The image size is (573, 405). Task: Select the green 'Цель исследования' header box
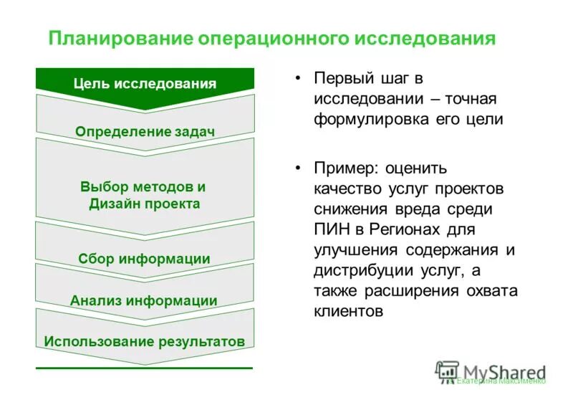click(145, 84)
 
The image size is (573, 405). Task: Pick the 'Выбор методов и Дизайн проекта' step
click(145, 195)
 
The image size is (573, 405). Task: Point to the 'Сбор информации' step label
click(145, 259)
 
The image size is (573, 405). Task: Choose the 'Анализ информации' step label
click(145, 300)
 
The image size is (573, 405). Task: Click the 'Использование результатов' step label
click(145, 340)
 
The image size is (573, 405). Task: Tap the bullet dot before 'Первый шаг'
click(297, 78)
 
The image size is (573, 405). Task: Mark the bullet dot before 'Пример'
click(297, 169)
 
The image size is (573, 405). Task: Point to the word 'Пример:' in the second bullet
click(345, 169)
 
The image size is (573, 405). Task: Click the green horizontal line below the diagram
click(145, 368)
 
